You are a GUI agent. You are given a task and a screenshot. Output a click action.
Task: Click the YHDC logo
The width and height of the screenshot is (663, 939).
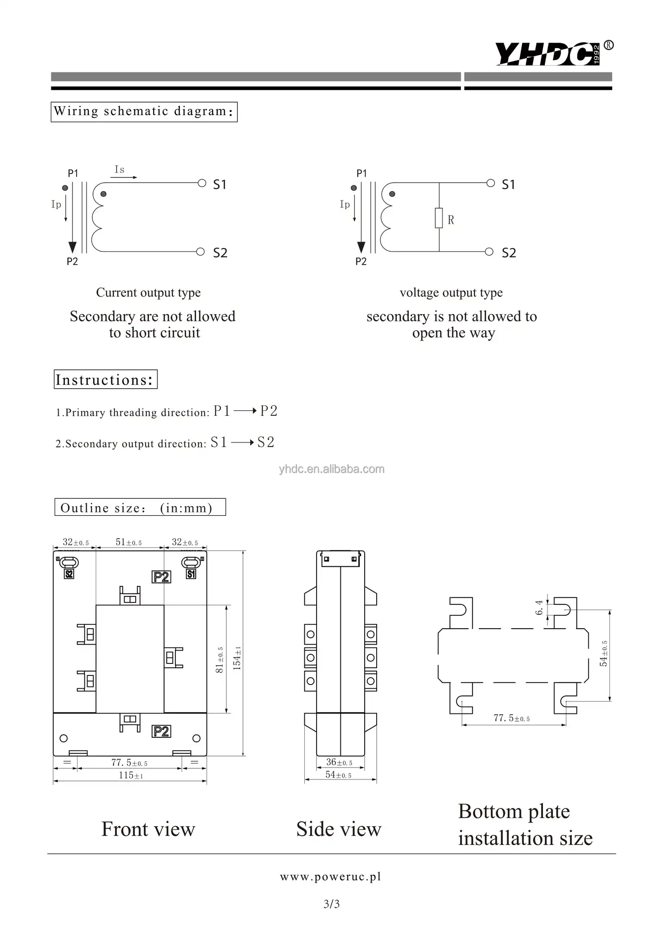[550, 54]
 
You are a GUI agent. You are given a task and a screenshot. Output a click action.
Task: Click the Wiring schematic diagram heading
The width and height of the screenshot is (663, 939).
[144, 111]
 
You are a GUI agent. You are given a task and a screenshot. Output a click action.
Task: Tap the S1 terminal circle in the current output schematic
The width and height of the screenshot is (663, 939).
[202, 183]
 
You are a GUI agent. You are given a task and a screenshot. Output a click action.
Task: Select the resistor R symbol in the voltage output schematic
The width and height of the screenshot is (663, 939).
[439, 218]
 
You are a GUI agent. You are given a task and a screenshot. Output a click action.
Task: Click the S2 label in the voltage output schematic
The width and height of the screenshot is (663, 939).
[509, 253]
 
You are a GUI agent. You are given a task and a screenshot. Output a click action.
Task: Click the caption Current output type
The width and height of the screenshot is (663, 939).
[148, 293]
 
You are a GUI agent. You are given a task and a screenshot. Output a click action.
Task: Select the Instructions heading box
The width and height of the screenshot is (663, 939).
[105, 380]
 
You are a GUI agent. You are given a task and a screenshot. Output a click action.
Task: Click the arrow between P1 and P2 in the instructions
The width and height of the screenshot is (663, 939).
[245, 411]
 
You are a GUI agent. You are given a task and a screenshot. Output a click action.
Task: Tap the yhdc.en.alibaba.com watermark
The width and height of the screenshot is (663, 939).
[332, 469]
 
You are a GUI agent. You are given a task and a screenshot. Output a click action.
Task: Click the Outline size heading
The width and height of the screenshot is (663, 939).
[140, 508]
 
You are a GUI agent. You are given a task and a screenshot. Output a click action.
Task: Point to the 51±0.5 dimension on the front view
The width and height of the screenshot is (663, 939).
[128, 542]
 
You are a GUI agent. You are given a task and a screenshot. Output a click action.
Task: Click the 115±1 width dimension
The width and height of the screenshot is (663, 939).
[131, 775]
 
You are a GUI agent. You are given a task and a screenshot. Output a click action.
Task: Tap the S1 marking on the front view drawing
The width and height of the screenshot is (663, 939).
[191, 574]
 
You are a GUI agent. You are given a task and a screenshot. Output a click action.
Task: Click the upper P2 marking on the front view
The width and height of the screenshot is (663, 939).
[161, 577]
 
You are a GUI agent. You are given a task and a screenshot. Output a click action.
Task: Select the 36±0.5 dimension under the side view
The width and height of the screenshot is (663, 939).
[339, 762]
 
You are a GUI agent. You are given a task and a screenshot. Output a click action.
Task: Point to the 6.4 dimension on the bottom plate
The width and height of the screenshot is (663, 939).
[539, 608]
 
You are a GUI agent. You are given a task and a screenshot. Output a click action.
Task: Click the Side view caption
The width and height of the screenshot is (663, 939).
[339, 829]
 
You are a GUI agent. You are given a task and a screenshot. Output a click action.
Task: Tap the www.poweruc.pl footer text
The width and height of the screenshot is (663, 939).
[331, 877]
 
